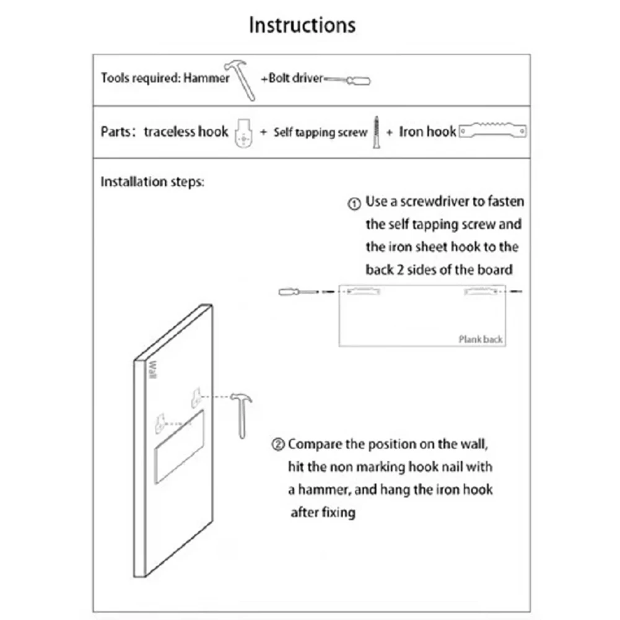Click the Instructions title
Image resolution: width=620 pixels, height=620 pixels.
click(x=302, y=25)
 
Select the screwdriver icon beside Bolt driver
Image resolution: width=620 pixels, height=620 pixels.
click(x=347, y=80)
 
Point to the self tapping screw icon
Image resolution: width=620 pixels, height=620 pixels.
click(x=375, y=131)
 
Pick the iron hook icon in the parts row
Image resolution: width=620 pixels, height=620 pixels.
click(x=494, y=131)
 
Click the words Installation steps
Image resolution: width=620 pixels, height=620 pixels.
click(x=152, y=182)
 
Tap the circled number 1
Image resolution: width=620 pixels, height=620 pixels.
click(x=354, y=203)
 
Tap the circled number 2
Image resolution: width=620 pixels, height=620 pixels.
click(x=279, y=445)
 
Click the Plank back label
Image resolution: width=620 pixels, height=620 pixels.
click(x=480, y=339)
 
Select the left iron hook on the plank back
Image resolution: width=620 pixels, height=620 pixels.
click(x=363, y=290)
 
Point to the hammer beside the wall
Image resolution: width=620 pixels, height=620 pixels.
click(x=240, y=412)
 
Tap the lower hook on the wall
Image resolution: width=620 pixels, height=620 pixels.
click(x=160, y=423)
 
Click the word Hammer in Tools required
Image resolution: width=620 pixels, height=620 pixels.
click(x=206, y=79)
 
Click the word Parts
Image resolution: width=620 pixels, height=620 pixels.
click(x=115, y=132)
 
